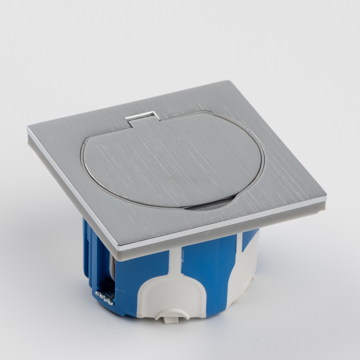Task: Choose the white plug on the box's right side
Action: (x=245, y=265)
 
